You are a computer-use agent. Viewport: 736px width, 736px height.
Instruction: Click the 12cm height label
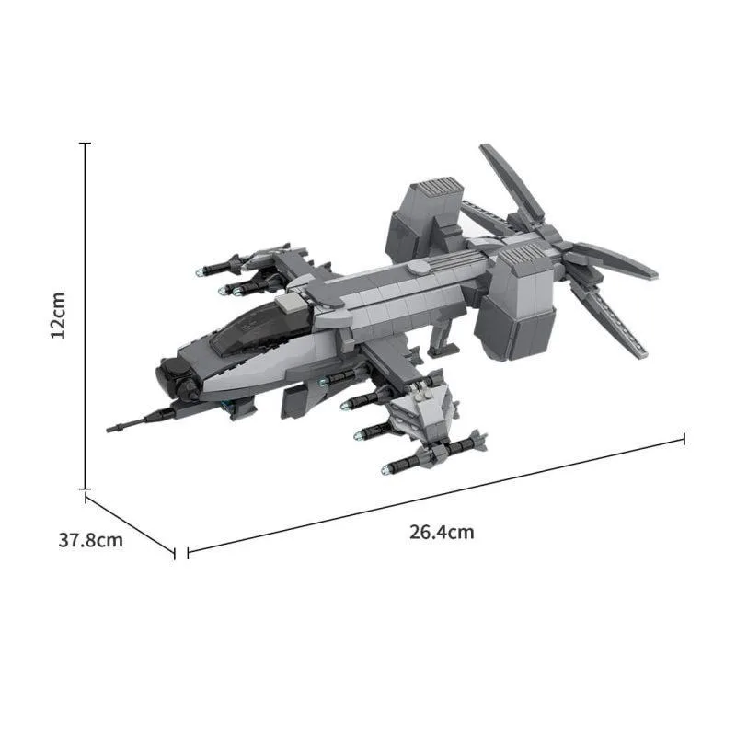click(58, 315)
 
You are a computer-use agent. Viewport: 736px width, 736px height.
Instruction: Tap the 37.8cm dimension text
click(90, 540)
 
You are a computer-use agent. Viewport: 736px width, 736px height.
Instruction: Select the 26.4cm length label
click(442, 533)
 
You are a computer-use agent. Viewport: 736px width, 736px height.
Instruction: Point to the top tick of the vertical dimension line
click(85, 143)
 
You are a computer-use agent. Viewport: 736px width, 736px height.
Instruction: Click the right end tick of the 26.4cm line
click(684, 440)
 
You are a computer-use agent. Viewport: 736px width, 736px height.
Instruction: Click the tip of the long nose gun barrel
click(109, 429)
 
